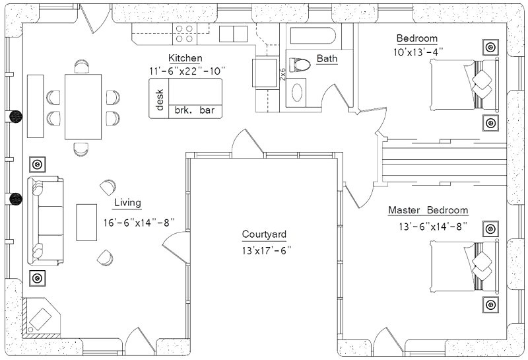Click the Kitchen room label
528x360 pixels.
pos(185,58)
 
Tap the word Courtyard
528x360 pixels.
pos(264,234)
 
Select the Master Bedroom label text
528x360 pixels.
pos(428,210)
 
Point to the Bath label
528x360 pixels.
pos(327,58)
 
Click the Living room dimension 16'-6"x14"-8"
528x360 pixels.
pos(139,223)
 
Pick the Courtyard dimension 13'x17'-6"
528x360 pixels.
pos(266,251)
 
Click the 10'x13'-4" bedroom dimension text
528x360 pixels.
pos(418,52)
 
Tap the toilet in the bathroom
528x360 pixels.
pos(300,65)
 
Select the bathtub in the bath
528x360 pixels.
pos(313,36)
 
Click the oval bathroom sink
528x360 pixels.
pos(296,92)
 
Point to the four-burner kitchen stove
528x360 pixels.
pos(185,34)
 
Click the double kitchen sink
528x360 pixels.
pos(234,34)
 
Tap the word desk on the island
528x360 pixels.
pos(160,100)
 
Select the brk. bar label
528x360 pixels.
pos(195,110)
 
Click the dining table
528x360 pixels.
pos(83,107)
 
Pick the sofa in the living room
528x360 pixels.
pos(46,221)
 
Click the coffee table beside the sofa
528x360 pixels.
pos(86,223)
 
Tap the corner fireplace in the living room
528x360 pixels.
pos(41,318)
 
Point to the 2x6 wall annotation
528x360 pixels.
pos(282,74)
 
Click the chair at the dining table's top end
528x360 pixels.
pos(82,67)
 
